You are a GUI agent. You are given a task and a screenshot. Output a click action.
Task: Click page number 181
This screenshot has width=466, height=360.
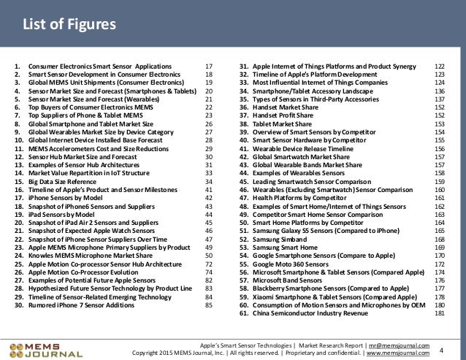pyautogui.click(x=439, y=313)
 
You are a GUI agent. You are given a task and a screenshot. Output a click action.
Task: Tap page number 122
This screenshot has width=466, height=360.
pyautogui.click(x=439, y=66)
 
